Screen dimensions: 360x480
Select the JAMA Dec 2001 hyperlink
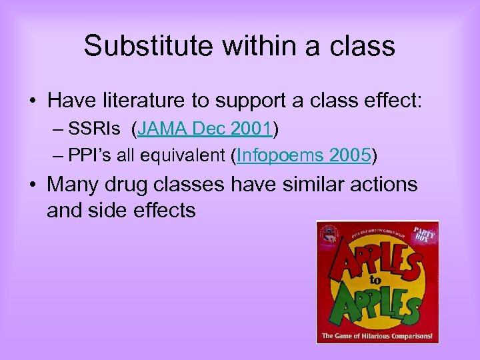(x=204, y=128)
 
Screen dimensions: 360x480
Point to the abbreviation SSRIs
(x=93, y=128)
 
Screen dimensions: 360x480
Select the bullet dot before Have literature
(x=32, y=101)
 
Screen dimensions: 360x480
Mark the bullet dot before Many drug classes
(x=32, y=183)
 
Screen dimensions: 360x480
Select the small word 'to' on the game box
(x=375, y=282)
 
